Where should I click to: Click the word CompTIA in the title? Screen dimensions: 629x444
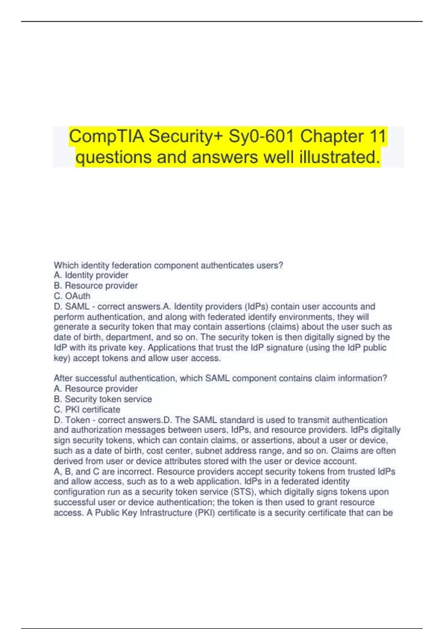(107, 136)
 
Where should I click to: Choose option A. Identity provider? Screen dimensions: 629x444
(91, 275)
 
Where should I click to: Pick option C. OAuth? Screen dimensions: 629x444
(72, 296)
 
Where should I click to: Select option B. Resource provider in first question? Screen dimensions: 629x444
(95, 286)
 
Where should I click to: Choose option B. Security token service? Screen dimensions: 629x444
(103, 399)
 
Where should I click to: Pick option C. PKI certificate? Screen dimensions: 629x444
(87, 410)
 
